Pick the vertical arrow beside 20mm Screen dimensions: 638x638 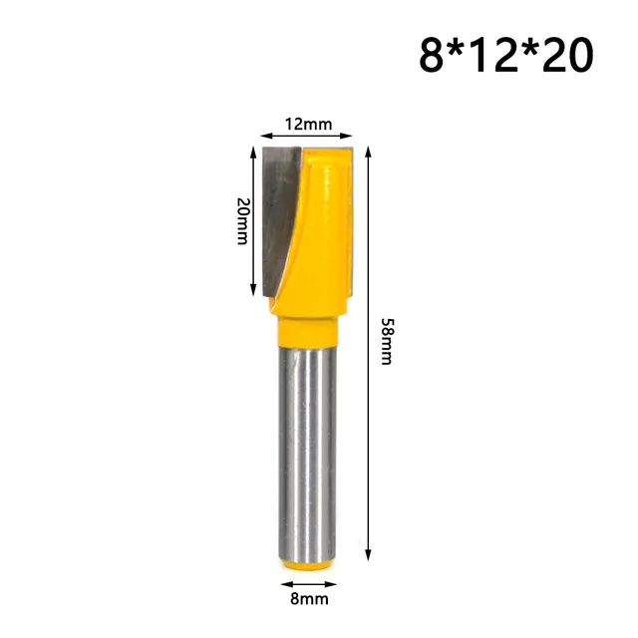click(x=250, y=220)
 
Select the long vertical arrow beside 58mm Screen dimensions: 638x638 click(x=369, y=349)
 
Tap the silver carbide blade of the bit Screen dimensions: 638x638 click(x=284, y=209)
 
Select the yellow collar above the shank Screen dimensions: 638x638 click(x=306, y=326)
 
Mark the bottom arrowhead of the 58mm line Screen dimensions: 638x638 click(x=369, y=555)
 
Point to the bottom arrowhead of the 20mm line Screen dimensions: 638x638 click(x=250, y=292)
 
